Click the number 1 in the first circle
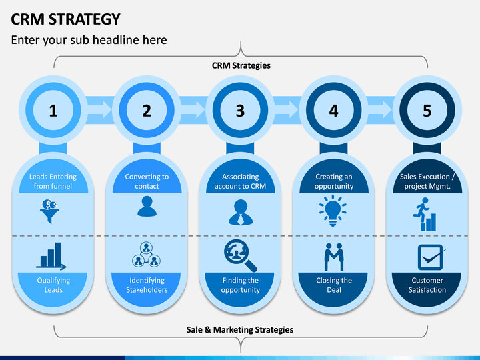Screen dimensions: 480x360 pos(53,111)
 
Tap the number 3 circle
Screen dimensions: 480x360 pos(240,110)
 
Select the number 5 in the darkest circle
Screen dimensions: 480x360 pos(427,111)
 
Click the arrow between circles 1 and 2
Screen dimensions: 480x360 pos(100,109)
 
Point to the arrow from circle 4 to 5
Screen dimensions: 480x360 pos(380,109)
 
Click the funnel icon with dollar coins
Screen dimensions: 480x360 pos(49,211)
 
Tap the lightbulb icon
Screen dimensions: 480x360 pos(333,211)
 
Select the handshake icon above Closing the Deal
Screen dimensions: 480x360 pos(334,257)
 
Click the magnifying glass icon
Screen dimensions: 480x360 pos(240,255)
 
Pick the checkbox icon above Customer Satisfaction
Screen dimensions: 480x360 pos(431,257)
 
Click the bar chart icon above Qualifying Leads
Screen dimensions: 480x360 pos(51,257)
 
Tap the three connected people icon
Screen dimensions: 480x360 pos(146,255)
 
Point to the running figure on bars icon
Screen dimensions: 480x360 pos(425,214)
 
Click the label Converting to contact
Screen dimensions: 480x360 pos(147,181)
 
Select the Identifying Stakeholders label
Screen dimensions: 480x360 pos(147,285)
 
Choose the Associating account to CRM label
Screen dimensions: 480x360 pos(240,181)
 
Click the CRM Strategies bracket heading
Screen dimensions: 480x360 pos(241,65)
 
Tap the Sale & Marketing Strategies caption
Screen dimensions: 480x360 pos(240,330)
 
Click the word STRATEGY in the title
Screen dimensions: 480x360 pos(85,19)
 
